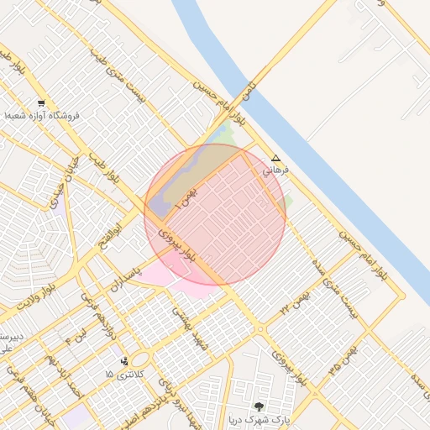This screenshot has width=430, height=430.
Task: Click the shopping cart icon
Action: click(x=41, y=103)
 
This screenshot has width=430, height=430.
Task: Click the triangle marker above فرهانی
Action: click(x=276, y=158)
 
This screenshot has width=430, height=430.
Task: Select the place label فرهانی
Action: click(x=275, y=170)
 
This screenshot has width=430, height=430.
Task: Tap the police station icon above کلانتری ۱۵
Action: click(x=125, y=361)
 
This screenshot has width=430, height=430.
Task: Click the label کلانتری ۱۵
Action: click(x=125, y=373)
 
